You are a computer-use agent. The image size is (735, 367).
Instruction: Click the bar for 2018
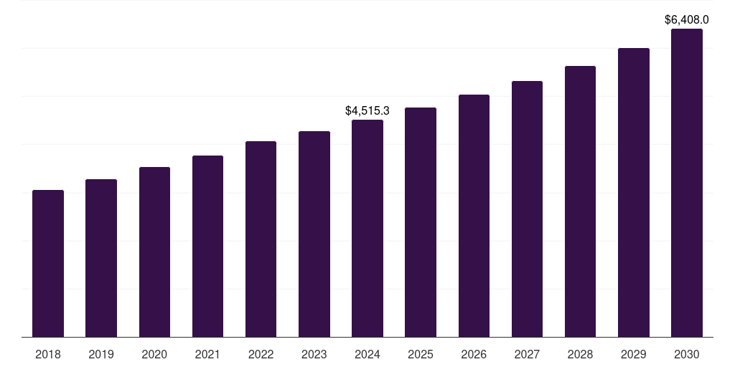(x=48, y=264)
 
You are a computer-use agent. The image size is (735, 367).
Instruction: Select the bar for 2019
(x=101, y=258)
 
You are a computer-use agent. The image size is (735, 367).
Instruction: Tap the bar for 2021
(x=207, y=247)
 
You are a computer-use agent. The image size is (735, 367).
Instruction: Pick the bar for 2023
(x=314, y=234)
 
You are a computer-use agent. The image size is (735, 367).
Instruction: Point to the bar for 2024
(x=367, y=229)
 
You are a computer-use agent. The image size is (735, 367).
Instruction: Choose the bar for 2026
(x=474, y=216)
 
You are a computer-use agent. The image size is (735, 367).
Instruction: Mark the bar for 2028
(x=580, y=201)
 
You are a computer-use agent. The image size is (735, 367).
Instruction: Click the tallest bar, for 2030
(x=687, y=183)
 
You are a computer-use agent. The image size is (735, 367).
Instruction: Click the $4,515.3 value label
(x=367, y=111)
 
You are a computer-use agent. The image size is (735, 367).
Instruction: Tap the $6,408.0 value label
(x=687, y=20)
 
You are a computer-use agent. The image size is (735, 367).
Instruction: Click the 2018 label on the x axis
(x=48, y=354)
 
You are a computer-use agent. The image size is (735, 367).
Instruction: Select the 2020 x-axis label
(x=154, y=354)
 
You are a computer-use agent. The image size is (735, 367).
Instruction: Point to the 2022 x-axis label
(x=261, y=354)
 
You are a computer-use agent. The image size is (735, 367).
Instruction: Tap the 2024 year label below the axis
(x=367, y=354)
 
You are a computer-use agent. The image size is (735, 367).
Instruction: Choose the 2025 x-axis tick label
(x=421, y=354)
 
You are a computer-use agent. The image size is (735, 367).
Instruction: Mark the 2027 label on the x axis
(x=527, y=354)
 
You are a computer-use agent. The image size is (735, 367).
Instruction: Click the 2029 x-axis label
(x=633, y=354)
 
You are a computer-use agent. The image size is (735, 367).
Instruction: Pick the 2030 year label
(x=687, y=354)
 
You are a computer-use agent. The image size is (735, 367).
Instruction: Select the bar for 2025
(x=421, y=222)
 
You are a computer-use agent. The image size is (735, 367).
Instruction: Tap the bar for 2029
(x=633, y=193)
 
